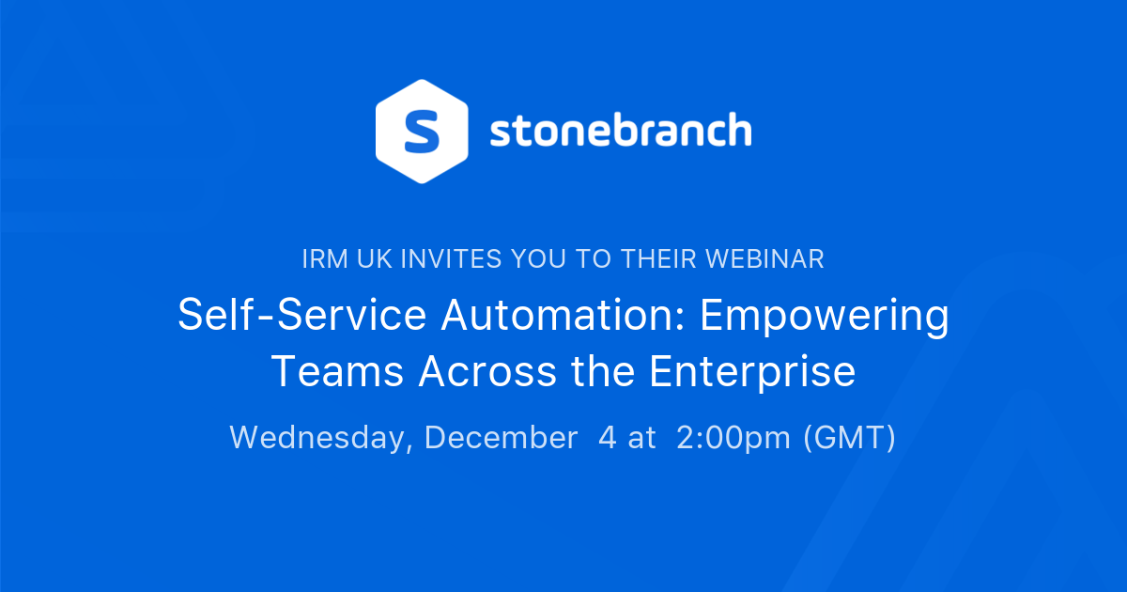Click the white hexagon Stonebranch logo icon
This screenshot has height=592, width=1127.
[422, 131]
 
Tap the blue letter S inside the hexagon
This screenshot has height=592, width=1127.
[422, 131]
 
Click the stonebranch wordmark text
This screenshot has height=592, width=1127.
[621, 131]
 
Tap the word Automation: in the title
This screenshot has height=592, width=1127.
[563, 316]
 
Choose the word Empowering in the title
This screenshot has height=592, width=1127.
[825, 316]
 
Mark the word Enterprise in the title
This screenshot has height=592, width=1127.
[752, 372]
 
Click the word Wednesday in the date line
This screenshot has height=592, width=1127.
[320, 438]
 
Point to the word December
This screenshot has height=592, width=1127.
[501, 438]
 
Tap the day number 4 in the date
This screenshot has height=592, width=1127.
[608, 438]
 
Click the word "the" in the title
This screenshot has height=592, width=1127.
[601, 372]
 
